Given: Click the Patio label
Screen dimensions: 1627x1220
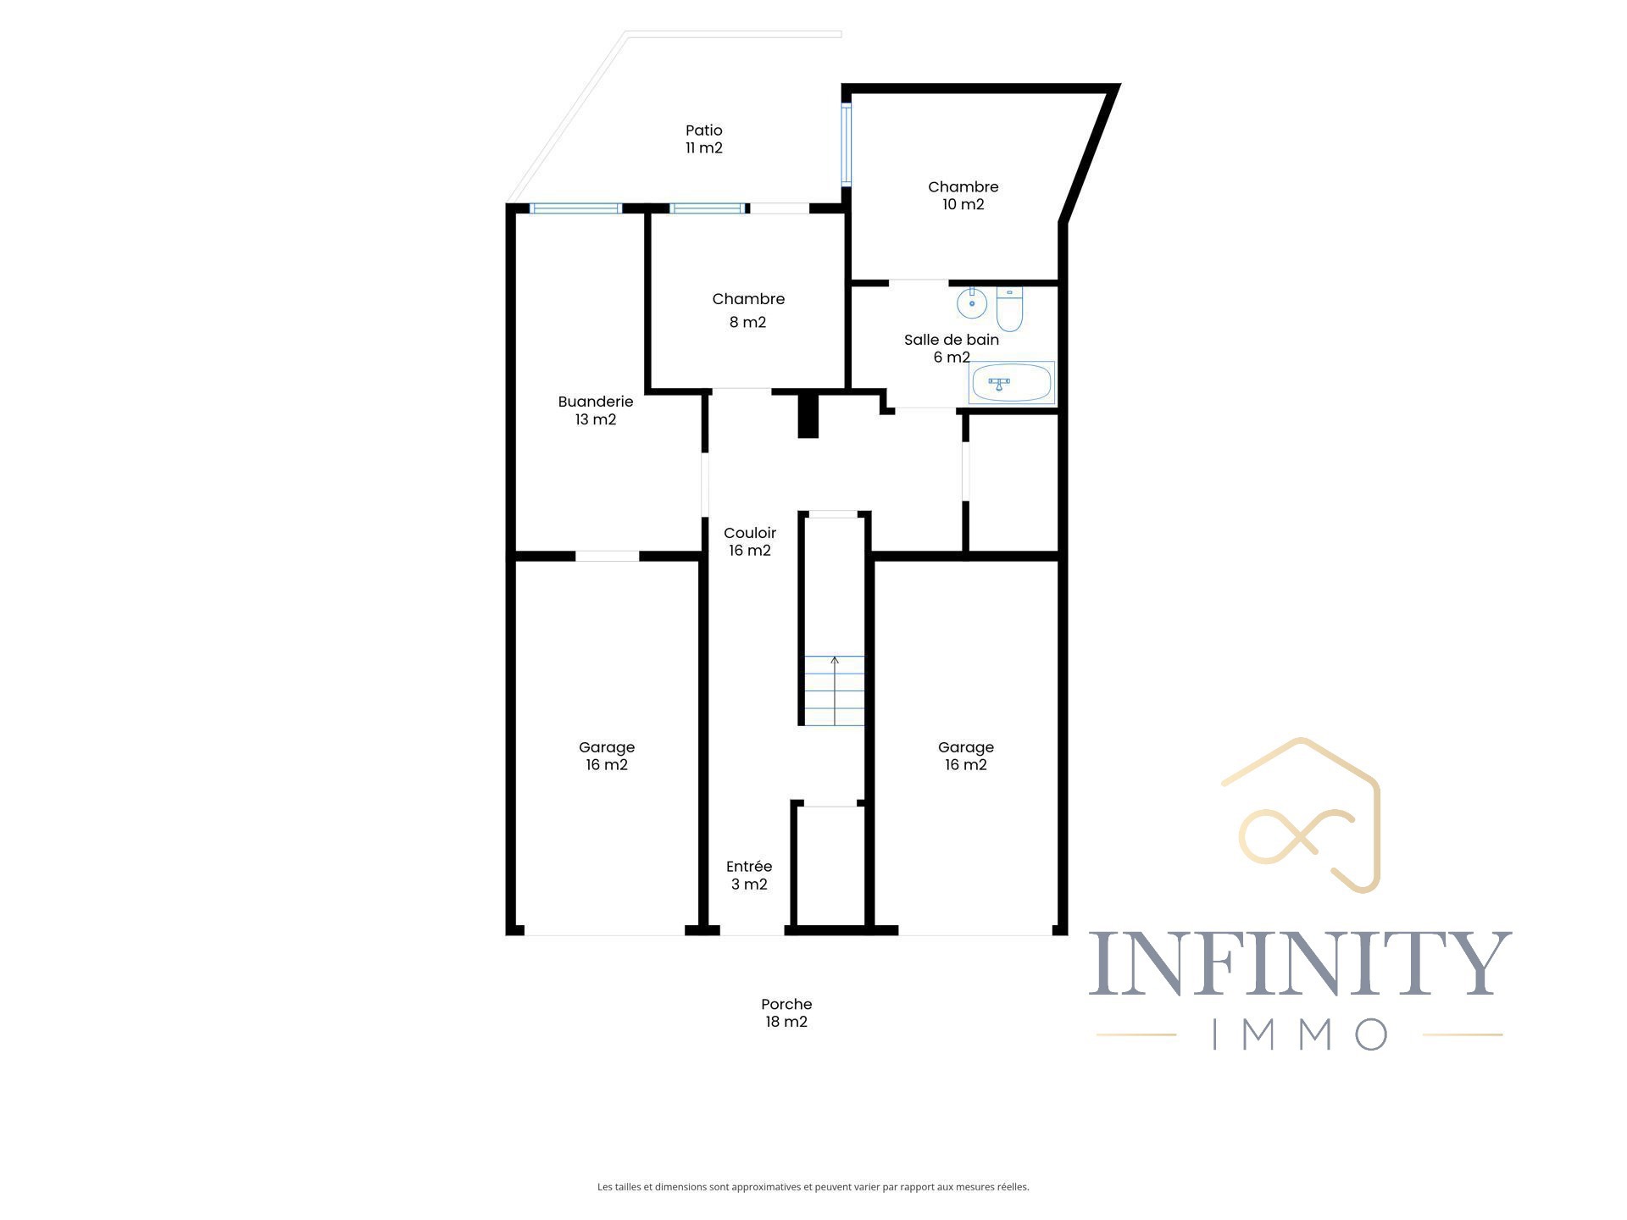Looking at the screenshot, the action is [x=703, y=130].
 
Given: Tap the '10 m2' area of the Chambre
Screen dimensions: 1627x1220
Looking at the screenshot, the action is [x=963, y=204].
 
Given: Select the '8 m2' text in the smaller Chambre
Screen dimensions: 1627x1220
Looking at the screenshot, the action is [x=747, y=322].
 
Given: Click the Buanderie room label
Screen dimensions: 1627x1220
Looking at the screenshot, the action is [x=596, y=402].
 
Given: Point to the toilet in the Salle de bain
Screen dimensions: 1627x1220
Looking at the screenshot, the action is [x=1009, y=308].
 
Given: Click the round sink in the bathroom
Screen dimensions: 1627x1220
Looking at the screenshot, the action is [x=972, y=302].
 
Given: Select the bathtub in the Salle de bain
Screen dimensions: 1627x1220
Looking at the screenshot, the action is [x=1012, y=383].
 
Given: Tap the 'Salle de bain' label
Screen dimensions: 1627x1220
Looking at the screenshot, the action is [x=951, y=340].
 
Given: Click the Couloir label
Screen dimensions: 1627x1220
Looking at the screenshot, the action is [x=750, y=533].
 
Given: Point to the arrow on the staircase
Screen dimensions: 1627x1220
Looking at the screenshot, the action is [x=835, y=690].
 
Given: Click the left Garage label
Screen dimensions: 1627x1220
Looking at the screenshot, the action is [x=607, y=747].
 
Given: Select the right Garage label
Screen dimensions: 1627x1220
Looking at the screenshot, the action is [x=966, y=747].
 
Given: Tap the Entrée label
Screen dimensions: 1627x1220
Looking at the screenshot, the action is [x=749, y=867].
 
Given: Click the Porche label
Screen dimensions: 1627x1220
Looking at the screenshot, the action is [x=786, y=1004].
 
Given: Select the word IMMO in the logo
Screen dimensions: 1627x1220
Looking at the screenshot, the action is [x=1301, y=1034].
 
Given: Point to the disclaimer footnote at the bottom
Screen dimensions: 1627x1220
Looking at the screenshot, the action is [x=813, y=1187].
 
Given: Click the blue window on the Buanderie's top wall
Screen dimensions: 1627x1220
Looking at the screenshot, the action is [x=576, y=208].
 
